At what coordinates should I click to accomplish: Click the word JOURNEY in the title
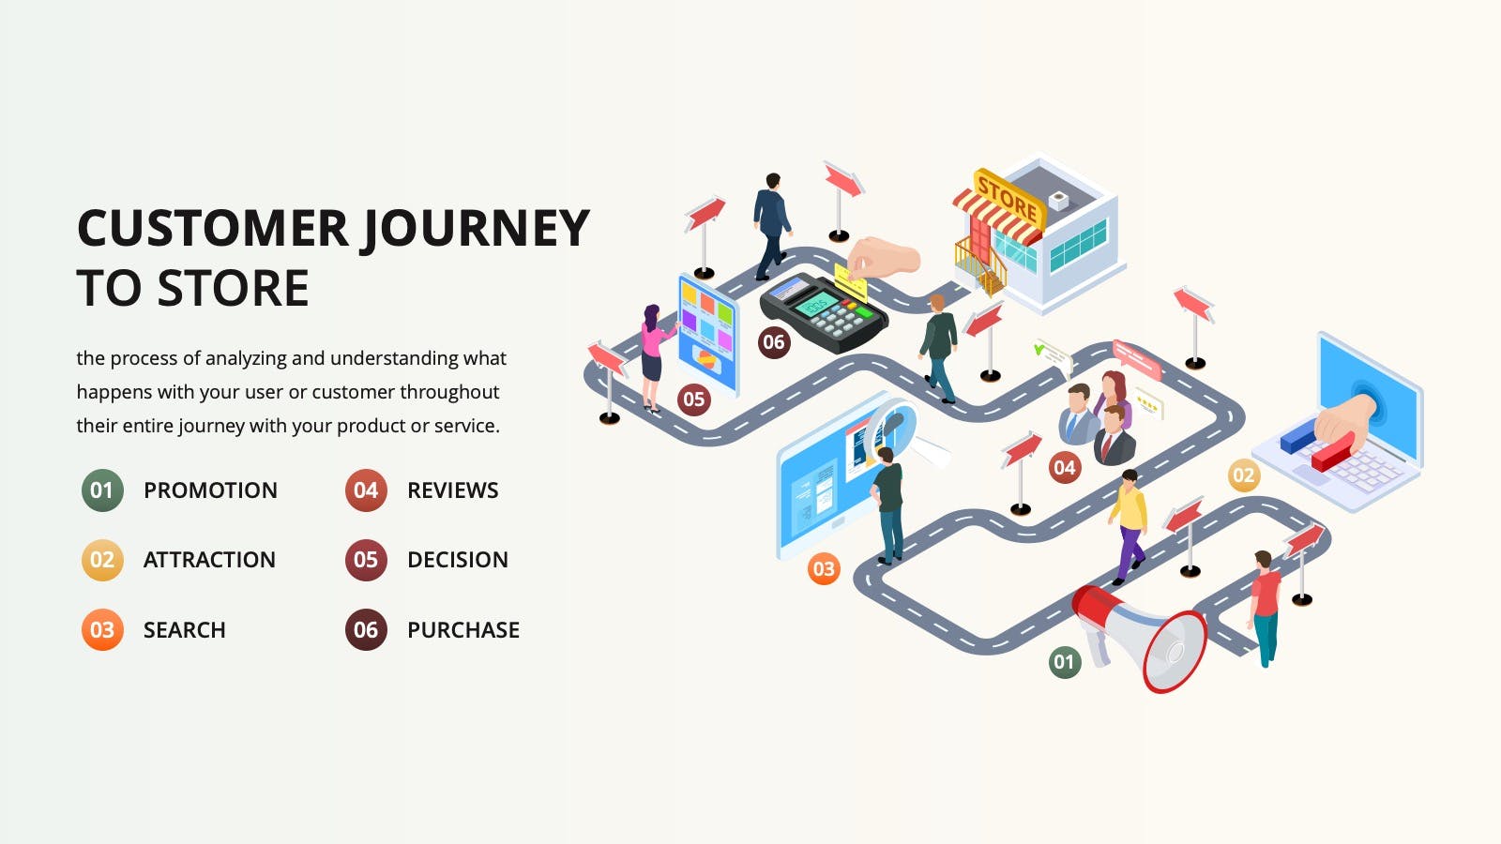tap(477, 229)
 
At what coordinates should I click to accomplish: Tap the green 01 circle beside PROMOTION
tap(102, 490)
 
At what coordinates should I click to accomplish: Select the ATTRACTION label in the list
tap(209, 560)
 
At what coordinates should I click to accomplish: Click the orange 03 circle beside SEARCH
tap(102, 629)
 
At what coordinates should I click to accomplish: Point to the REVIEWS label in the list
tap(453, 490)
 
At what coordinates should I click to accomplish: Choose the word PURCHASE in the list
tap(463, 629)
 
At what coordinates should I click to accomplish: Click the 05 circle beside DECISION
tap(366, 560)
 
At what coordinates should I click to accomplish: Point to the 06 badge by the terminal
tap(774, 342)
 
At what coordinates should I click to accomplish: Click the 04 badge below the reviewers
tap(1065, 468)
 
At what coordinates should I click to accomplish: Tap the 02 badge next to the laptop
tap(1244, 475)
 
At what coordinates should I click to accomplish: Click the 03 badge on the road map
tap(824, 569)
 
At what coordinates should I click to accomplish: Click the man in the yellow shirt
tap(1130, 526)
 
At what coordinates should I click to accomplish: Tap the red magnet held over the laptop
tap(1333, 451)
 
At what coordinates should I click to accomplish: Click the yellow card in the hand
tap(850, 281)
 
